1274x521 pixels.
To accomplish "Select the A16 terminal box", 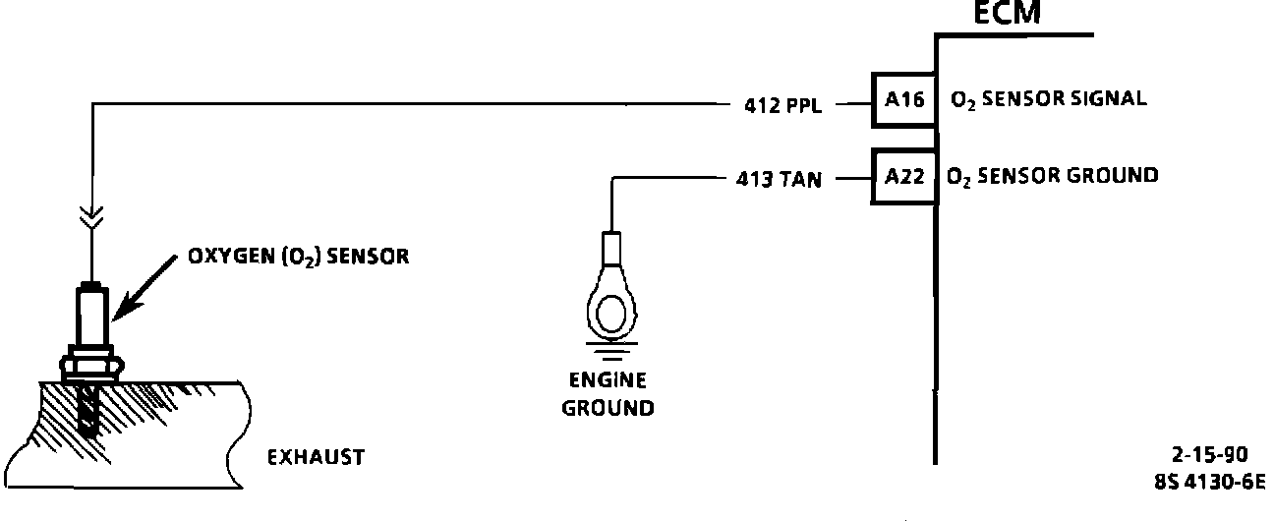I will point(902,100).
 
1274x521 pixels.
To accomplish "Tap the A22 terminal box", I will point(902,177).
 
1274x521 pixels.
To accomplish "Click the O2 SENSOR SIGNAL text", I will point(1048,100).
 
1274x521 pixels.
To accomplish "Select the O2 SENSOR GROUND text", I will point(1052,177).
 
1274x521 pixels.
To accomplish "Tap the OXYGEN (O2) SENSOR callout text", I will point(298,258).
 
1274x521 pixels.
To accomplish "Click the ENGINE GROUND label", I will point(608,394).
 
